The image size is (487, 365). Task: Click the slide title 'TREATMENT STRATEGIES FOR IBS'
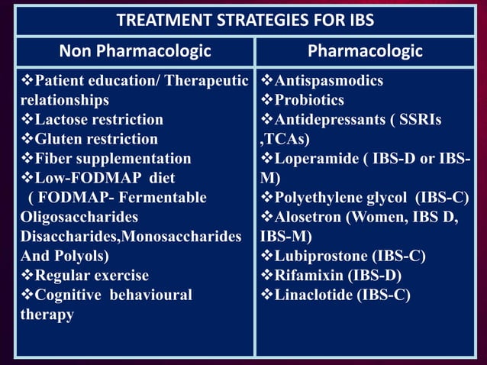click(243, 21)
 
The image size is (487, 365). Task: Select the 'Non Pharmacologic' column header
click(135, 52)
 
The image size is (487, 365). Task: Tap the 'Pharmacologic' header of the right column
click(365, 52)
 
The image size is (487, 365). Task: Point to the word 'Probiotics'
click(309, 100)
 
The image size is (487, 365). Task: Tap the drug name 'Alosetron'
click(307, 217)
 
